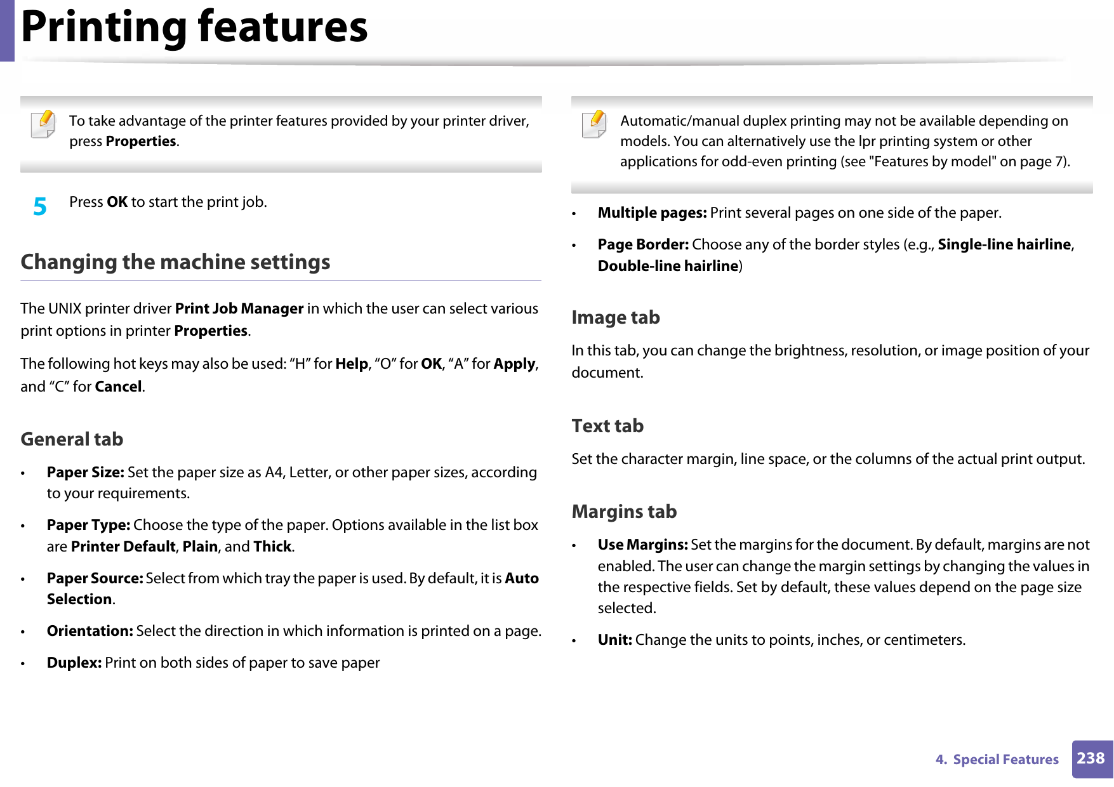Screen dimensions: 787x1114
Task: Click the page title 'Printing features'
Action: (194, 27)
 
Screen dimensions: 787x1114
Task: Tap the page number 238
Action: (1091, 758)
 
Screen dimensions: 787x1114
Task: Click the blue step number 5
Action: (40, 206)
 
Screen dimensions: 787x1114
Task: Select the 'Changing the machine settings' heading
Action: (175, 262)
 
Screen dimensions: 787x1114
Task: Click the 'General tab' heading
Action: (72, 439)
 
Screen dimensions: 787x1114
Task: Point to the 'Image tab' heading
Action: (615, 317)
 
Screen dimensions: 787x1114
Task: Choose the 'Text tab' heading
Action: (607, 426)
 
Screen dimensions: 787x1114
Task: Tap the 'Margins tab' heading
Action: (623, 512)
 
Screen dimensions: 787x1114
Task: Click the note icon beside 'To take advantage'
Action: (43, 124)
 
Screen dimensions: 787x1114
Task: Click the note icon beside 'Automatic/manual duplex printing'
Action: (594, 124)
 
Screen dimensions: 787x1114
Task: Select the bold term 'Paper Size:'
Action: (85, 472)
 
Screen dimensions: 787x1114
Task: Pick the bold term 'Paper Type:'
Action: (88, 525)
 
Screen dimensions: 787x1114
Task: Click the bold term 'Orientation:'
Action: (90, 631)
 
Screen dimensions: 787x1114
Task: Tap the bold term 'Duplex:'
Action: (74, 663)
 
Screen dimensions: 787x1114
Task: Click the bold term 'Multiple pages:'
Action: (652, 213)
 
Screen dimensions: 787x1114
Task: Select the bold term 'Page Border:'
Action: (643, 244)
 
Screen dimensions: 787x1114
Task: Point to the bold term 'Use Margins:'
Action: (642, 545)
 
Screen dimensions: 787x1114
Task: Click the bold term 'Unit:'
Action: (614, 640)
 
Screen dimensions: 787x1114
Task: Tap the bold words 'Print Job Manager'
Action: (239, 308)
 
